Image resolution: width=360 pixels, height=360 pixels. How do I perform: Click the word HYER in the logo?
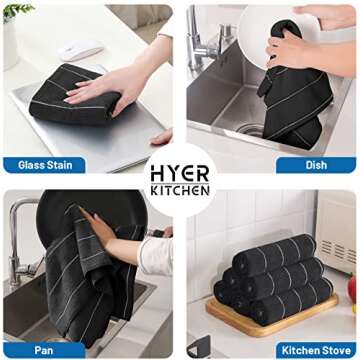pyautogui.click(x=179, y=172)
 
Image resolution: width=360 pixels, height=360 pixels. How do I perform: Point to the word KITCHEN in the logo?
pyautogui.click(x=179, y=190)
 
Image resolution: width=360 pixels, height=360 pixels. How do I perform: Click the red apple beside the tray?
pyautogui.click(x=351, y=290)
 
